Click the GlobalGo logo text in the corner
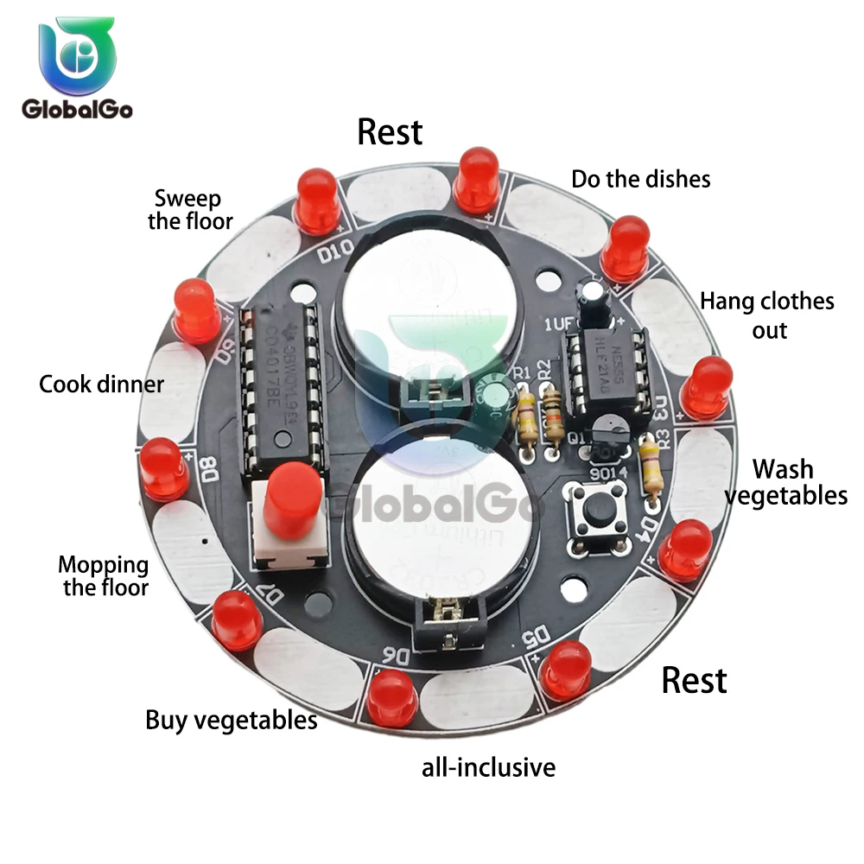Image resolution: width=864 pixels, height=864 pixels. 76,109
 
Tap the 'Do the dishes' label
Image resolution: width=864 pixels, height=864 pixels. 641,179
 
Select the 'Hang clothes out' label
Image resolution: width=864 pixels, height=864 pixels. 767,315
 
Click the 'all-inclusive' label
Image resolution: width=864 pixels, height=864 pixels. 488,766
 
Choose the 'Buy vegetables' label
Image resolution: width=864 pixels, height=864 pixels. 231,720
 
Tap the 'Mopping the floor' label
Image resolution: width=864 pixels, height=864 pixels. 104,576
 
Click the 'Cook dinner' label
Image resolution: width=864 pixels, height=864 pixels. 101,384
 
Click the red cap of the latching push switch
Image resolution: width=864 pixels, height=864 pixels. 289,499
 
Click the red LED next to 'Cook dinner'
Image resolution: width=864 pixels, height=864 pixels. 196,309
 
